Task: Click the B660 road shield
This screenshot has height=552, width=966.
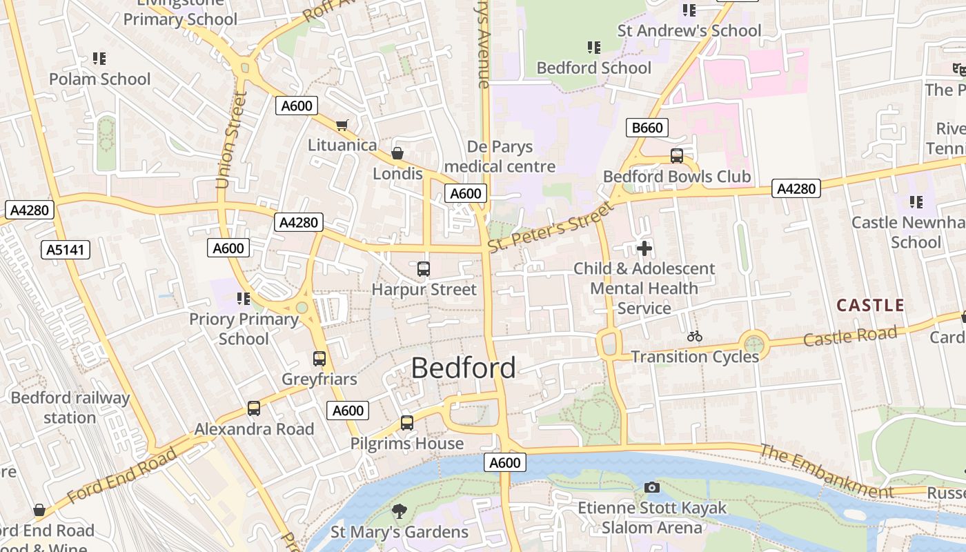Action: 647,128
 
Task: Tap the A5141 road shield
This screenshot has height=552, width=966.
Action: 66,250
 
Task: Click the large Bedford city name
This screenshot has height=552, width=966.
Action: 463,368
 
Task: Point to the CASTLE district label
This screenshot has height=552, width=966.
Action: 870,306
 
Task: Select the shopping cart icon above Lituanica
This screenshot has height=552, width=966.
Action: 342,125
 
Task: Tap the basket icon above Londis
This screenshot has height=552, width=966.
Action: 397,153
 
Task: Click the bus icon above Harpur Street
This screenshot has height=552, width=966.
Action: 424,269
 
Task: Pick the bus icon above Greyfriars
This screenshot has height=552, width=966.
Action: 319,359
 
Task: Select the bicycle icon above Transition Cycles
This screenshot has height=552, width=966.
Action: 695,336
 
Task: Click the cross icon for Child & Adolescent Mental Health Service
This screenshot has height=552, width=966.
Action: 644,248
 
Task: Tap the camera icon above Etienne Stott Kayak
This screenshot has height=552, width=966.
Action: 651,488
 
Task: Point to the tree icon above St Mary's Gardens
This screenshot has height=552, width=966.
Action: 399,511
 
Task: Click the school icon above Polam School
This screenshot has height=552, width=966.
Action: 99,59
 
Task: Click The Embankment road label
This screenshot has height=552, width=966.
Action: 826,471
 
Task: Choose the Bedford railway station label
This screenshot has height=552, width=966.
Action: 70,408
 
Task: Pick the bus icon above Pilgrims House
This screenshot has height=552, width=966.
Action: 407,423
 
